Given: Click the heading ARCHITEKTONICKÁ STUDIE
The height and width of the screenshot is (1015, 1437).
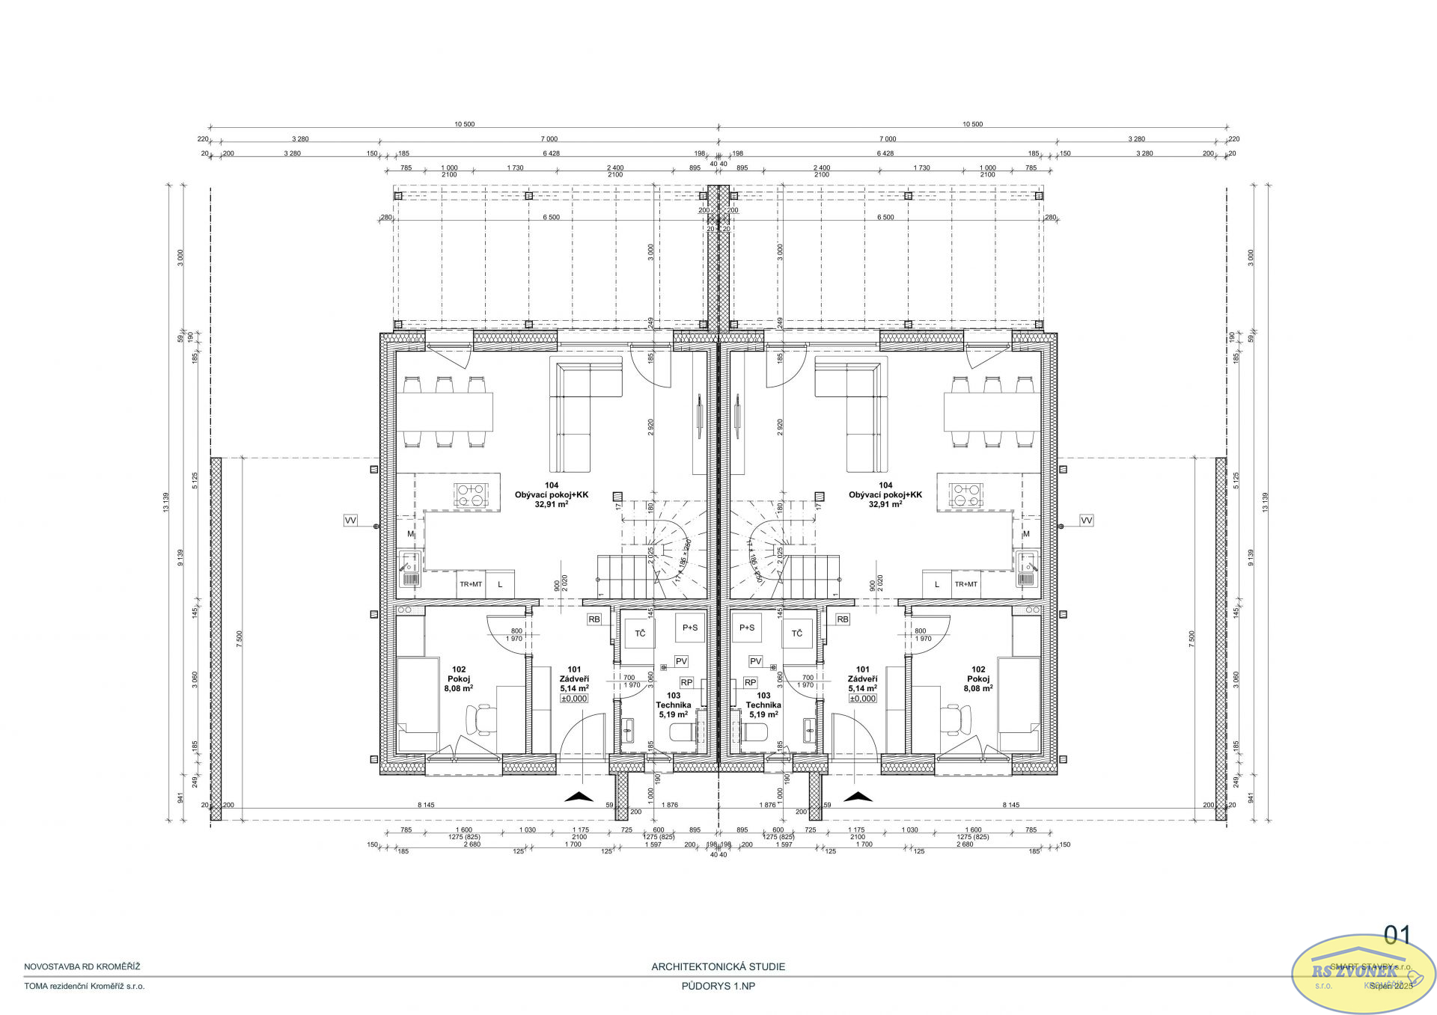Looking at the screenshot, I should (x=718, y=966).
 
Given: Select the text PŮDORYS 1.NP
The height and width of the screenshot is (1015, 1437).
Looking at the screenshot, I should (x=718, y=986).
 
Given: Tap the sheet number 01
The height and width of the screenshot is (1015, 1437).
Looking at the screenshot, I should (x=1397, y=935).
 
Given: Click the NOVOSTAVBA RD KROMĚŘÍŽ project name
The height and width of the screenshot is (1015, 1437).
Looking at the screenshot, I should (x=82, y=966).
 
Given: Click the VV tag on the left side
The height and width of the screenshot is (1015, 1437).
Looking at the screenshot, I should (x=350, y=520).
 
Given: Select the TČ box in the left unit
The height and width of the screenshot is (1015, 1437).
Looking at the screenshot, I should (x=640, y=634).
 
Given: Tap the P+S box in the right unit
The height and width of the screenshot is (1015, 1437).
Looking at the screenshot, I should (x=747, y=628).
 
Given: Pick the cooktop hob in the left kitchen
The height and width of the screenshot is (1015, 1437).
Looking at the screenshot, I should (x=472, y=495).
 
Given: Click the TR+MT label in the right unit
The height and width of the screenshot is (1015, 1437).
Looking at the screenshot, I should (x=965, y=584).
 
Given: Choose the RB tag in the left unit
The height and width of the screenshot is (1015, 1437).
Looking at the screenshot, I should (x=594, y=619).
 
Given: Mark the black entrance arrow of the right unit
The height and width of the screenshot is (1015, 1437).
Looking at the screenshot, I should (x=858, y=797).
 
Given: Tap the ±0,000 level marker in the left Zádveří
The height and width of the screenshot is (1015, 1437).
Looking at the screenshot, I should (x=574, y=699).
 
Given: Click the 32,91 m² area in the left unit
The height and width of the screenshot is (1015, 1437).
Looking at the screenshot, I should (x=551, y=504).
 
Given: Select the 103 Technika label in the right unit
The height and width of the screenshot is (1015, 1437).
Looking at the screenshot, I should (x=763, y=705).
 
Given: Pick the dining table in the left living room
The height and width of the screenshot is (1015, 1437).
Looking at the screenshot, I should (x=445, y=412).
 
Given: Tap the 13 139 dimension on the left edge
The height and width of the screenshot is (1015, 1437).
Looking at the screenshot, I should (x=166, y=502).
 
